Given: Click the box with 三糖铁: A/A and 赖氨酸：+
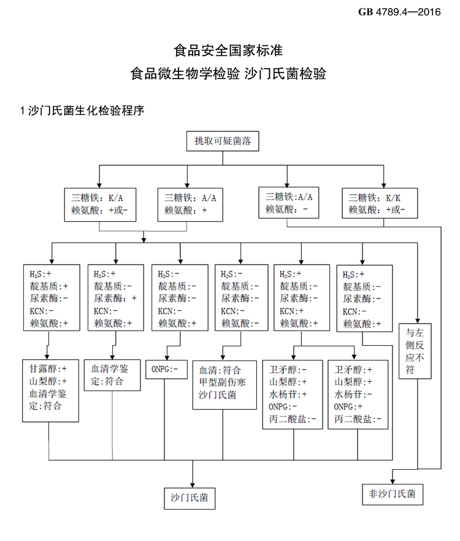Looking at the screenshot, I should (191, 204).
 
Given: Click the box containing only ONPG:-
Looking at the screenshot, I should (166, 370).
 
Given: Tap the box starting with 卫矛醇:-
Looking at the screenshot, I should (293, 394).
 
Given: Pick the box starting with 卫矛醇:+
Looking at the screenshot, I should (358, 394).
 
